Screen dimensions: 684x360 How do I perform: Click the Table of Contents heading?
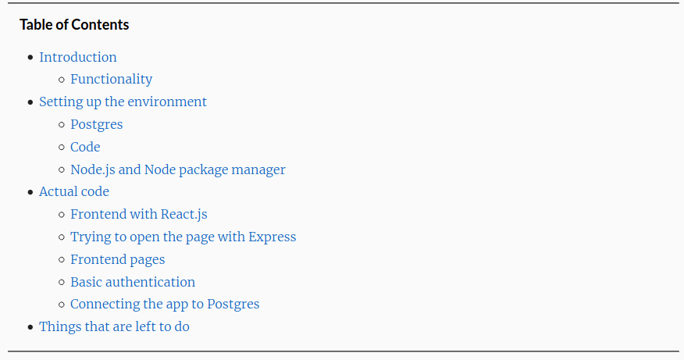coord(74,24)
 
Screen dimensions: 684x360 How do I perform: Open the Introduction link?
coord(78,57)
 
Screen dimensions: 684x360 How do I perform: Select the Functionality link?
coord(111,79)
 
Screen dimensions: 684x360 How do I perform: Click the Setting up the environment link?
coord(123,102)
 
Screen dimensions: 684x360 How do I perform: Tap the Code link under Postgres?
coord(85,147)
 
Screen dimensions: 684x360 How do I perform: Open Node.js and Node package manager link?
coord(178,169)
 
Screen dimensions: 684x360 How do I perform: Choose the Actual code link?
coord(74,191)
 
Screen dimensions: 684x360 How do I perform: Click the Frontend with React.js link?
coord(139,214)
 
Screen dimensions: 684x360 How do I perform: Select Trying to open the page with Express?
coord(183,237)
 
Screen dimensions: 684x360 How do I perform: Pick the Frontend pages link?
coord(118,259)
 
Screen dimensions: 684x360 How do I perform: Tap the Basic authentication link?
coord(133,282)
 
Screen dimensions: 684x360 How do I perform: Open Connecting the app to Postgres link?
coord(165,304)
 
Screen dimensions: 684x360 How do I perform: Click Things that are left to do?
coord(114,327)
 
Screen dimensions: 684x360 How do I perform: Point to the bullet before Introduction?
coord(30,57)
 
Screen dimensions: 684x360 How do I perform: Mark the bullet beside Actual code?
coord(30,192)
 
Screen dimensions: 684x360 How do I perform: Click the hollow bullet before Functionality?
coord(62,80)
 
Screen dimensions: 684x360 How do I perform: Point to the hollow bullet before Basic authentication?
coord(62,283)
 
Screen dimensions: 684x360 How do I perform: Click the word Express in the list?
coord(273,237)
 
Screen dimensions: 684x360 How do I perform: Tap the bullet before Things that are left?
coord(30,327)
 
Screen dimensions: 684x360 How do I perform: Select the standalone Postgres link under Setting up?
coord(96,124)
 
